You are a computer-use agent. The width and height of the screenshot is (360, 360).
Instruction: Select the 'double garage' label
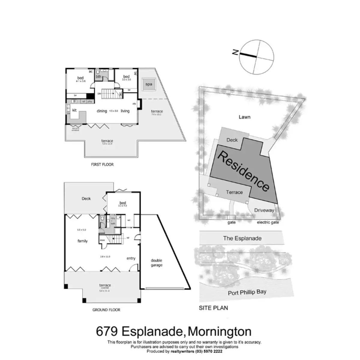point(157,263)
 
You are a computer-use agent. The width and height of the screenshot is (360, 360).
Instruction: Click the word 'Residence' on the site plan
point(243,171)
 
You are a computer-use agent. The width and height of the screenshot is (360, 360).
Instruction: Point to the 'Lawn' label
point(244,117)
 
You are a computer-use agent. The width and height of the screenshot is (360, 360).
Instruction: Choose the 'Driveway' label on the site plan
point(264,210)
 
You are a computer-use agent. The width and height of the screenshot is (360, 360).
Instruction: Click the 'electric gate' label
point(268,222)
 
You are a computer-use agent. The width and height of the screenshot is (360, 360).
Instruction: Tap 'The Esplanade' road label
point(242,238)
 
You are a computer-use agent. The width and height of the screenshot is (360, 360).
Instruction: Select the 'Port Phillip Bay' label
point(247,292)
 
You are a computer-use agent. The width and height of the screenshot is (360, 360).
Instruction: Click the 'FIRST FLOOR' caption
point(102,164)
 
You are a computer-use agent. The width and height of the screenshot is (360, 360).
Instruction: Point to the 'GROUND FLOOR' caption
point(106,310)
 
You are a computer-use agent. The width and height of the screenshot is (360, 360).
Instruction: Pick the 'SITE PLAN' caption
point(213,308)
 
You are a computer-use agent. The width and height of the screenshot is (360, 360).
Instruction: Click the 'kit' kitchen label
point(74,110)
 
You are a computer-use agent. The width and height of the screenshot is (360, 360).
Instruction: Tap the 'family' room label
point(82,241)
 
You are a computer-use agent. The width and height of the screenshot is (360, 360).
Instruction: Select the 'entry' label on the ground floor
point(131,258)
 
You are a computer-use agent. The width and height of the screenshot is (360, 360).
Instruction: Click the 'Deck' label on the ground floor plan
point(86,199)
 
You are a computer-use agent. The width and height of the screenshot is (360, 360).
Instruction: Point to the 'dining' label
point(102,111)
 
